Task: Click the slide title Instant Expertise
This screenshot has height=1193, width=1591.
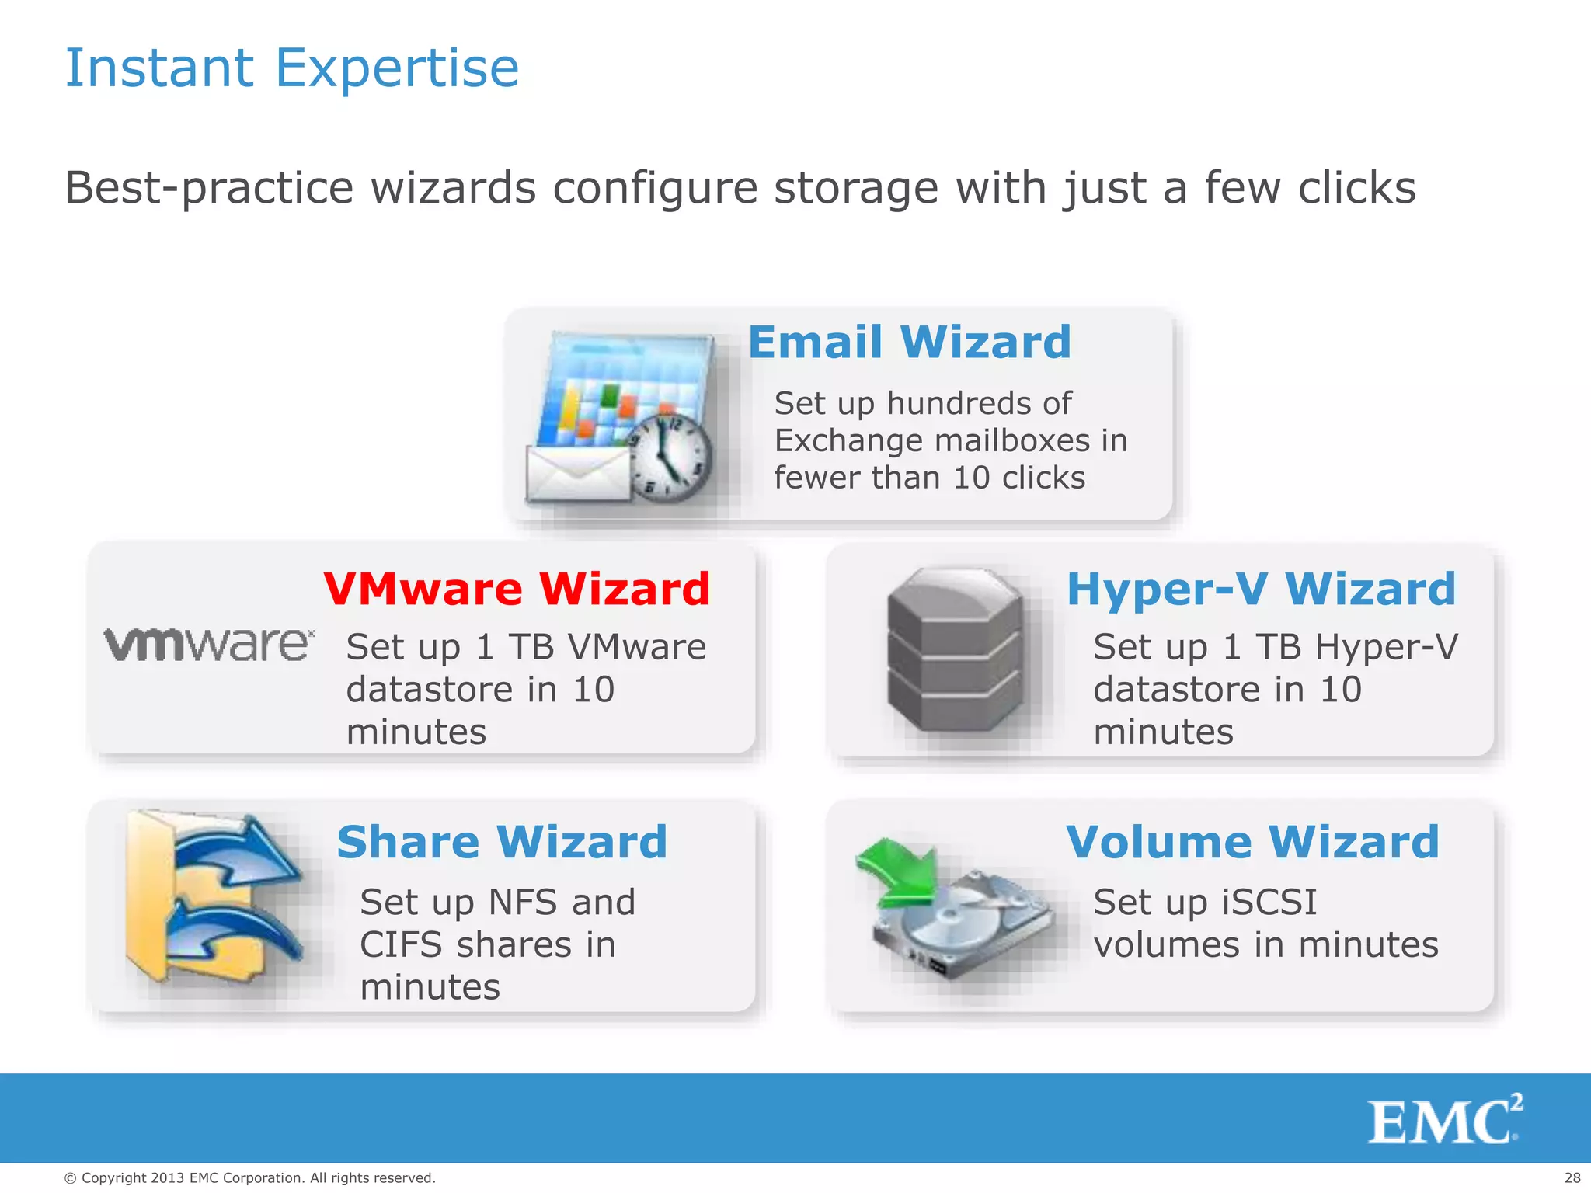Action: tap(291, 68)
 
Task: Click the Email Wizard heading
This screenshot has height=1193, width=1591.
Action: tap(910, 343)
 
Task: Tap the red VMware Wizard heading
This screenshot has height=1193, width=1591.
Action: tap(517, 589)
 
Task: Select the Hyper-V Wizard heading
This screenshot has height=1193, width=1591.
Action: tap(1261, 589)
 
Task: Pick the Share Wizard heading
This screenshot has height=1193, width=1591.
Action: tap(502, 842)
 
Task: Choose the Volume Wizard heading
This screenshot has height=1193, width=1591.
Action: tap(1252, 842)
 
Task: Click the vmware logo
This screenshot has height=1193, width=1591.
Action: tap(209, 645)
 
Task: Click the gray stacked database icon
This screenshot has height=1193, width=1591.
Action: tap(955, 649)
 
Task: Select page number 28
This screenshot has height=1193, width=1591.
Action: tap(1572, 1177)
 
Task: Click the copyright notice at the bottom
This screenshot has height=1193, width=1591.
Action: tap(249, 1177)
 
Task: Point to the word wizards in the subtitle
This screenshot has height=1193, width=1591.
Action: tap(453, 188)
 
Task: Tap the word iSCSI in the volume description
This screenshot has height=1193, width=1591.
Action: tap(1269, 903)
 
